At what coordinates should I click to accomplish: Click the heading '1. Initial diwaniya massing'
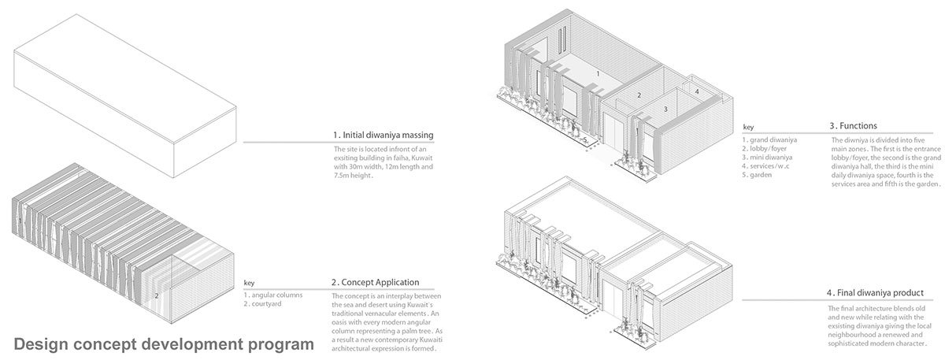pos(383,135)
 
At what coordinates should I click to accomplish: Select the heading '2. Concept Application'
pos(375,282)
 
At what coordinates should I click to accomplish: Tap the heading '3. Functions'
pos(853,125)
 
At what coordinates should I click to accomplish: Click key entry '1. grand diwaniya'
pos(769,140)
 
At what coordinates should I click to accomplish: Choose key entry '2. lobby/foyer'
pos(765,149)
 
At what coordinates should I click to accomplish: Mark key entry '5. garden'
pos(758,175)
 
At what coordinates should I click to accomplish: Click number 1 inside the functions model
pos(598,72)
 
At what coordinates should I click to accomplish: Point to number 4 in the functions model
pos(697,91)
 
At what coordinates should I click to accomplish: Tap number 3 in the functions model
pos(665,109)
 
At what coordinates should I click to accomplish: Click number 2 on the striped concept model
pos(157,295)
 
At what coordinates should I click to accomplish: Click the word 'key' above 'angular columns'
pos(249,283)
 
